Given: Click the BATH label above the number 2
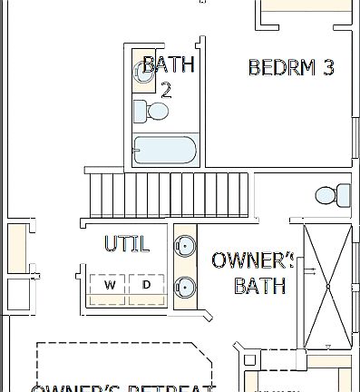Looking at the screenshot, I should click(x=169, y=65).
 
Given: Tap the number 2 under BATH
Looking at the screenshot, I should click(x=166, y=89).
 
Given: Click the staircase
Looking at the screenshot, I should click(x=170, y=193).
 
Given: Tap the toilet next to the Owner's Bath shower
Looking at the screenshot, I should click(x=332, y=194).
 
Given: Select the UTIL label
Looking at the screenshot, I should click(x=126, y=244).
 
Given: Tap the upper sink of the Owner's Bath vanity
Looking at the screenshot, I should click(x=185, y=245).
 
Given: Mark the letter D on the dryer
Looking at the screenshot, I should click(x=147, y=285).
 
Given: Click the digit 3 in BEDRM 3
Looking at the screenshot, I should click(x=328, y=67).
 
